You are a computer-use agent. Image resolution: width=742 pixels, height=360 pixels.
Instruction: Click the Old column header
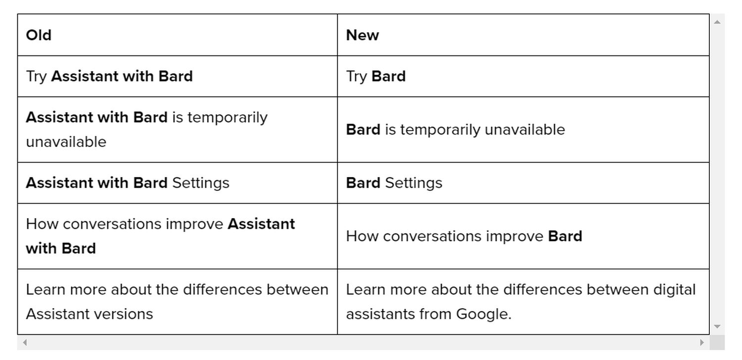(x=39, y=35)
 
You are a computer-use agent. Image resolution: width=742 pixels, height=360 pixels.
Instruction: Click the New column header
(x=363, y=35)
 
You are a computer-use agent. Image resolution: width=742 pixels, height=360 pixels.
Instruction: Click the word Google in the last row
(x=484, y=314)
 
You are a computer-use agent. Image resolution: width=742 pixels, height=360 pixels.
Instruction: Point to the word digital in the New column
(x=674, y=290)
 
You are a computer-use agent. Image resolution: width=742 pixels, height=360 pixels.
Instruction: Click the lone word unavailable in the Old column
(x=66, y=142)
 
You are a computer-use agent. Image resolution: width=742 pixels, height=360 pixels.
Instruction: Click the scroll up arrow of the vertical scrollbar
(x=717, y=22)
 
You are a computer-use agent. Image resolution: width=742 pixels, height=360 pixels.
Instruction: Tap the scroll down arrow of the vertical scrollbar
(x=717, y=326)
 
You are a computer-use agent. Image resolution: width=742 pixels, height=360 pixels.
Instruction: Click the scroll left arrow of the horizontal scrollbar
(x=25, y=343)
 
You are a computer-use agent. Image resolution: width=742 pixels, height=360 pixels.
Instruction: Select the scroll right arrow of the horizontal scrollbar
(x=701, y=343)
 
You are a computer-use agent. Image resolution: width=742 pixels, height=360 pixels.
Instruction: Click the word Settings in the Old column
(x=201, y=183)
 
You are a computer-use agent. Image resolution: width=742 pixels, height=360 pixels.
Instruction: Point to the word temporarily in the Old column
(x=228, y=118)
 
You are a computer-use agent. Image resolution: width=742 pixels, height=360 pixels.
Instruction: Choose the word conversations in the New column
(x=432, y=236)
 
